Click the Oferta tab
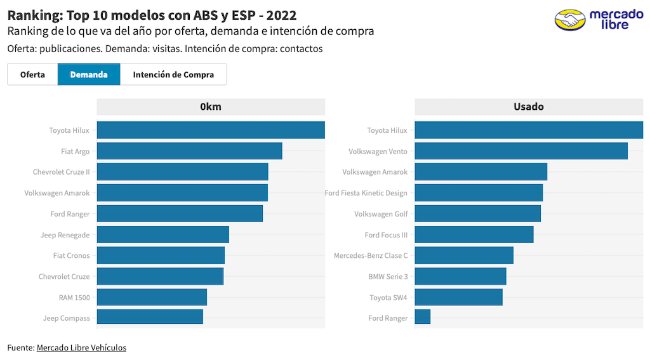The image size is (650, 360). coord(32,74)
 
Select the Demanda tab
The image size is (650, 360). coord(89,74)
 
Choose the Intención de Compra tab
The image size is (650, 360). coord(173,74)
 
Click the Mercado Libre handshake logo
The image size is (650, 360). coord(570,20)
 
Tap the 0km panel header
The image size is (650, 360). coord(211,107)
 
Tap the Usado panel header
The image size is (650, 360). coord(529,107)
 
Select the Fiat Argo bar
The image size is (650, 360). coord(189,151)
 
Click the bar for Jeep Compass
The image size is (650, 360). coord(150,317)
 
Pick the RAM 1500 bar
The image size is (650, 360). coord(152,297)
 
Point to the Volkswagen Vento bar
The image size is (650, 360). coord(521,151)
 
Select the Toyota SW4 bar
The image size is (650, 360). coord(458,297)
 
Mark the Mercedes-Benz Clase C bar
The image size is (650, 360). coord(464,255)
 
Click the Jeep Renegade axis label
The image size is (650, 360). coord(65,235)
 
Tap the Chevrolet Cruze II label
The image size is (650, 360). coord(61,172)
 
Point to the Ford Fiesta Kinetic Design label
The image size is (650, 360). coord(366,193)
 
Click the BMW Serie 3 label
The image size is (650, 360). coord(388,277)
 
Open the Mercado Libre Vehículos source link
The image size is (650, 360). coord(81,347)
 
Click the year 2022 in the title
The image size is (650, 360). coord(281,15)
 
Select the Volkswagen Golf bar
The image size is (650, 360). coord(477,214)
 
